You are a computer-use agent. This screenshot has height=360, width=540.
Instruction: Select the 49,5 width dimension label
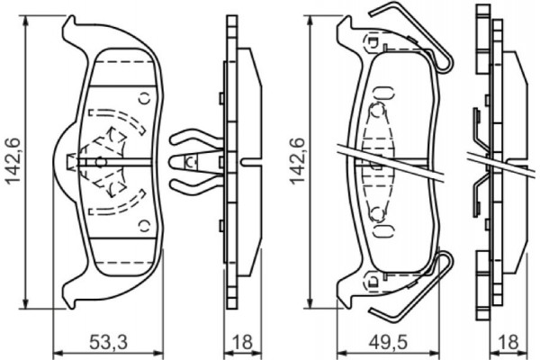391,342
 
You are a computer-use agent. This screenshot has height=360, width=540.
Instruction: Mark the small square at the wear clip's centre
190,163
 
